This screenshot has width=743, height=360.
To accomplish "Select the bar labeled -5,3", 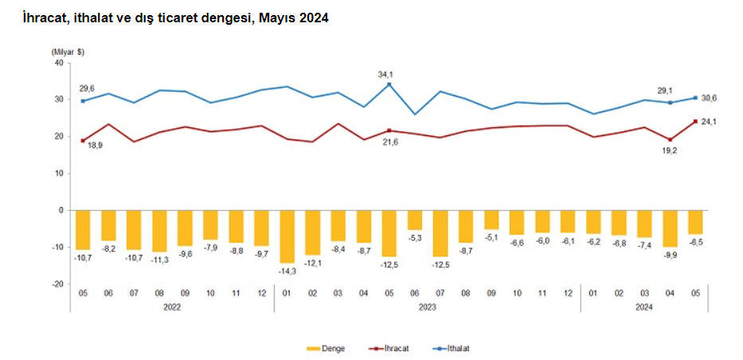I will pyautogui.click(x=415, y=220).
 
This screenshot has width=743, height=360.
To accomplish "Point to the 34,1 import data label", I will pyautogui.click(x=387, y=74).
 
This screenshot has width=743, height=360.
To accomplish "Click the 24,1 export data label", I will pyautogui.click(x=709, y=122).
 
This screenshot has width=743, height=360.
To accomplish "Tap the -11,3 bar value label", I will pyautogui.click(x=159, y=258).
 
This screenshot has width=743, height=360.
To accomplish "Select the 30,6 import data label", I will pyautogui.click(x=710, y=98).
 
